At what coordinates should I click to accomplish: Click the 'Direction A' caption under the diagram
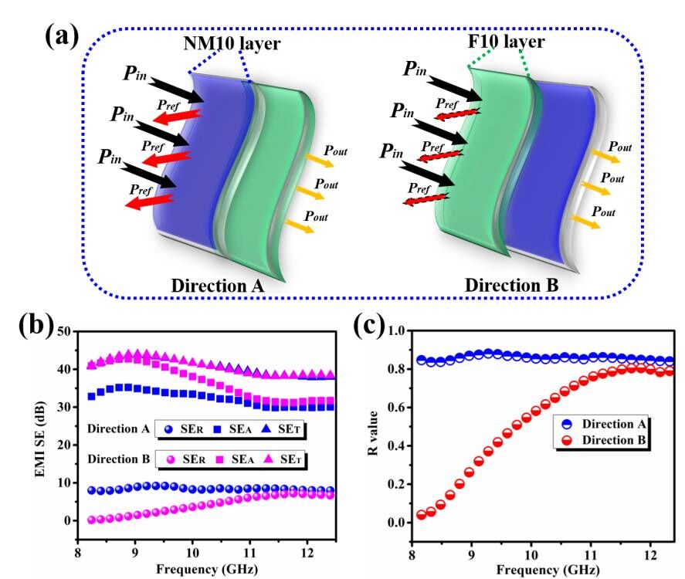click(x=219, y=285)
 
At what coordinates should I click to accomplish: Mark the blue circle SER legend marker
click(x=165, y=428)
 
